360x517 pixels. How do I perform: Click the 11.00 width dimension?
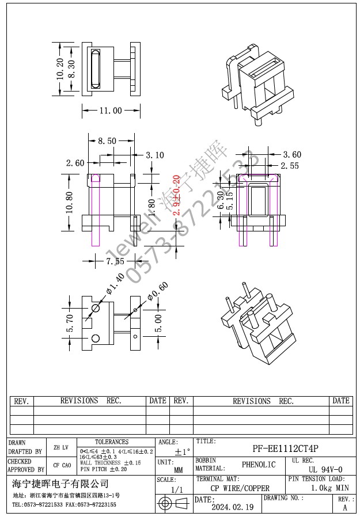tap(110, 111)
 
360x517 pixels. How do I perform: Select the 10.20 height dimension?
tap(60, 69)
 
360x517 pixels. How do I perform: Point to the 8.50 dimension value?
tap(107, 140)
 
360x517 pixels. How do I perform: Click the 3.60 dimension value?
tap(292, 154)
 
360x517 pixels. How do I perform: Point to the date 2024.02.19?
tap(232, 507)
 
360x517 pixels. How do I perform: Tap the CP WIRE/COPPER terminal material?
tap(240, 488)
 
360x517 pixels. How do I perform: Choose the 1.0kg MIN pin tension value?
tap(329, 488)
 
